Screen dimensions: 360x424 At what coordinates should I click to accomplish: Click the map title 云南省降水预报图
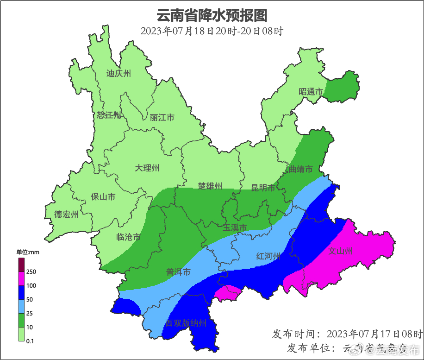tap(212, 15)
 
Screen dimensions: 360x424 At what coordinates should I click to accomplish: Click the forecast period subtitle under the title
tap(212, 32)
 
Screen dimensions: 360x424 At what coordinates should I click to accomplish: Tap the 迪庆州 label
tap(119, 73)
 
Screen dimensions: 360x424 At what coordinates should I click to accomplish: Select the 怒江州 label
tap(109, 115)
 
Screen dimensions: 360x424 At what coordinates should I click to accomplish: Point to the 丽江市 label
tap(162, 118)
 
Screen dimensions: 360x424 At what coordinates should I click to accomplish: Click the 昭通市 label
tap(311, 92)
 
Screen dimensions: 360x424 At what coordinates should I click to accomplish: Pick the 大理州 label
tap(147, 168)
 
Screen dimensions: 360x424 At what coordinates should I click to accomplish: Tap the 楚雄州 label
tap(210, 186)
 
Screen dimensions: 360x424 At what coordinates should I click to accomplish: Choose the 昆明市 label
tap(263, 188)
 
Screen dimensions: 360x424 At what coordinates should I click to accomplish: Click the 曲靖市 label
tap(300, 169)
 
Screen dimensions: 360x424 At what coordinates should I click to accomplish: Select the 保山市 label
tap(103, 197)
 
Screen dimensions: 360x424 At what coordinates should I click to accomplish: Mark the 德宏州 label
tap(66, 214)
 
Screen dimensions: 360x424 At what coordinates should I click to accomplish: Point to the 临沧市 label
tap(129, 237)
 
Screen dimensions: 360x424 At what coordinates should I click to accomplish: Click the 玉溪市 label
tap(235, 227)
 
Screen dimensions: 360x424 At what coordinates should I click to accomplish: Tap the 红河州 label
tap(269, 257)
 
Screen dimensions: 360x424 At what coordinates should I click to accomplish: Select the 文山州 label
tap(340, 251)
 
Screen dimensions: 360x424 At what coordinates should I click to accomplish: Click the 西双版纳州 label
tap(186, 323)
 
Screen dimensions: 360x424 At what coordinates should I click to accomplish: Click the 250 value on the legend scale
tap(31, 272)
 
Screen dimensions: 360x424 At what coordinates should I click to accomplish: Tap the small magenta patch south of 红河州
tap(228, 292)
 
